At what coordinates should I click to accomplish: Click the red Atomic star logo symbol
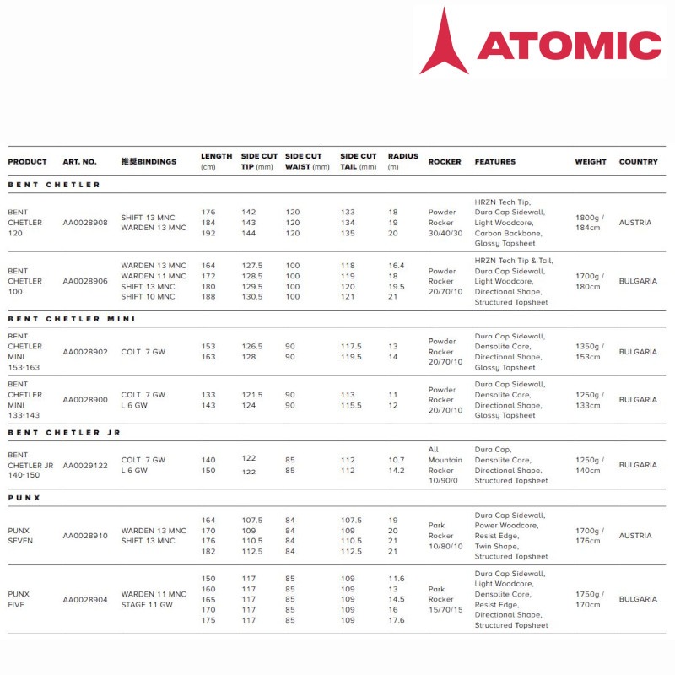coord(444,42)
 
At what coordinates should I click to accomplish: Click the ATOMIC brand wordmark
coord(570,45)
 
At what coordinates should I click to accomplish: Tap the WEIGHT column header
coord(591,161)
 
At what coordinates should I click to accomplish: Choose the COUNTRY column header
coord(638,161)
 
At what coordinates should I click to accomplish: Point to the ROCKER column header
coord(445,161)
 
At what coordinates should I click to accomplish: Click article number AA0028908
coord(85,223)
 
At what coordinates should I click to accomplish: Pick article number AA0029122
coord(85,465)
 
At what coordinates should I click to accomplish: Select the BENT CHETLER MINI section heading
coord(72,319)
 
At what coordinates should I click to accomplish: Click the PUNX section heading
coord(24,498)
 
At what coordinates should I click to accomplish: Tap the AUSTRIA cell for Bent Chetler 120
coord(635,223)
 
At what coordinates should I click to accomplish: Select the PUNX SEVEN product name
coord(20,536)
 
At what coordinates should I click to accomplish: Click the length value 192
coord(208,233)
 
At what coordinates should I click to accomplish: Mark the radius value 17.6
coord(396,620)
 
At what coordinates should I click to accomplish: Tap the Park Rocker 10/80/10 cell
coord(445,536)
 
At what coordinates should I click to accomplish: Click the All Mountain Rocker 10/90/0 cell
coord(445,465)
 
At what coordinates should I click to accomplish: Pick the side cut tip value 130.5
coord(252,296)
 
